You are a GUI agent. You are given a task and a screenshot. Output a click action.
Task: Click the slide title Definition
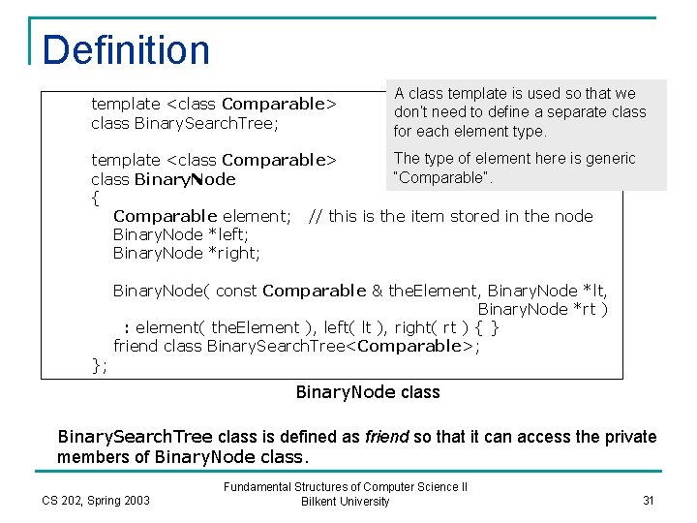click(x=126, y=50)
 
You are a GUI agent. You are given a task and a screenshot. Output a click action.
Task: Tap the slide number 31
click(x=649, y=500)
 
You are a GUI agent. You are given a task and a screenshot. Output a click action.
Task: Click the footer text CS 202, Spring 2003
click(x=96, y=500)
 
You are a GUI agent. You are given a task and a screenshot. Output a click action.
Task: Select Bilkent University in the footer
click(x=346, y=502)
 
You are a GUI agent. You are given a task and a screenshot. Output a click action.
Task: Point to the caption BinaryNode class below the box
click(x=368, y=392)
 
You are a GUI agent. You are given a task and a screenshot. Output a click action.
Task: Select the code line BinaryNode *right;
click(x=186, y=254)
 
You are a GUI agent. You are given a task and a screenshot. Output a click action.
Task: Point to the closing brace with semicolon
click(x=99, y=364)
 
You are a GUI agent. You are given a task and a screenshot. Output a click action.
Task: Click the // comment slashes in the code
click(x=315, y=216)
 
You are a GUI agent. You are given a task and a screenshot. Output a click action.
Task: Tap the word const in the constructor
click(x=236, y=291)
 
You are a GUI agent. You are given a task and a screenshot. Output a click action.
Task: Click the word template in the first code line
click(x=126, y=104)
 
